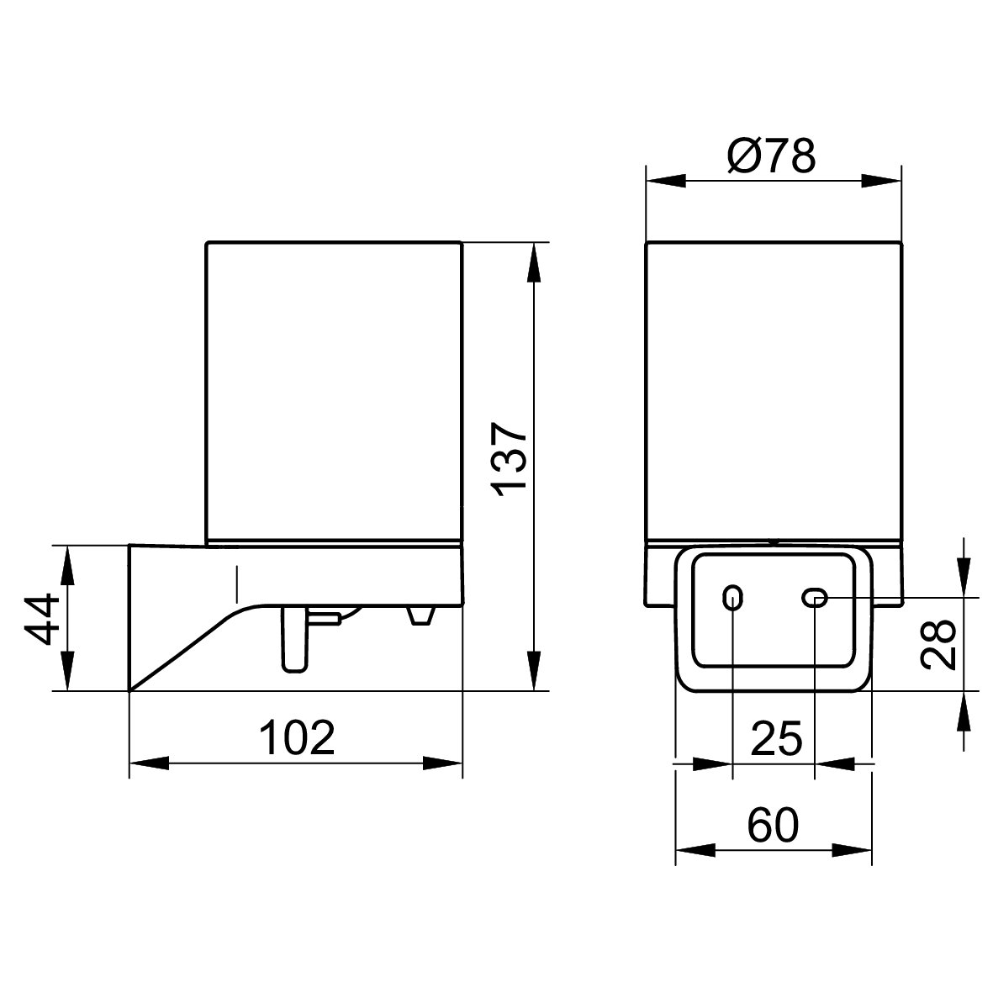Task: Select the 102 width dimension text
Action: pos(297,737)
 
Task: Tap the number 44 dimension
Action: pos(41,620)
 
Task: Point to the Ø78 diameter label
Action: pos(772,156)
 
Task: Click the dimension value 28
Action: pos(938,644)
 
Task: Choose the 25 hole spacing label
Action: pos(776,737)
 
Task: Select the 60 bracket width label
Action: pos(774,825)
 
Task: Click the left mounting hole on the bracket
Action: pos(732,597)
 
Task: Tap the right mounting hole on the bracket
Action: pos(815,597)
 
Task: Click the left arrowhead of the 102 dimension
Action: pos(150,763)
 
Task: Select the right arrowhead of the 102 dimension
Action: pos(442,763)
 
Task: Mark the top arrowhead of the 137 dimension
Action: pos(535,262)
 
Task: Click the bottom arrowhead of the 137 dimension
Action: pos(535,671)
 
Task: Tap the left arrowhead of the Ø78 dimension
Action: pos(666,182)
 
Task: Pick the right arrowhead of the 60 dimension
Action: pos(853,851)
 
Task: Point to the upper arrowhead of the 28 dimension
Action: pos(964,577)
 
